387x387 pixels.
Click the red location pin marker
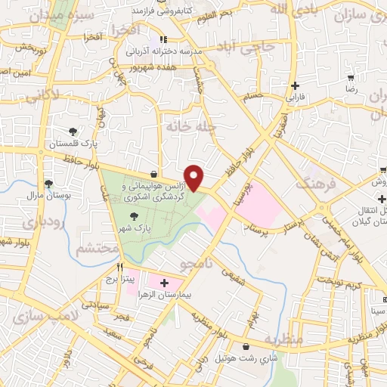tap(194, 178)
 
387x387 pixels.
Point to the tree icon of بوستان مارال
tap(48, 184)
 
